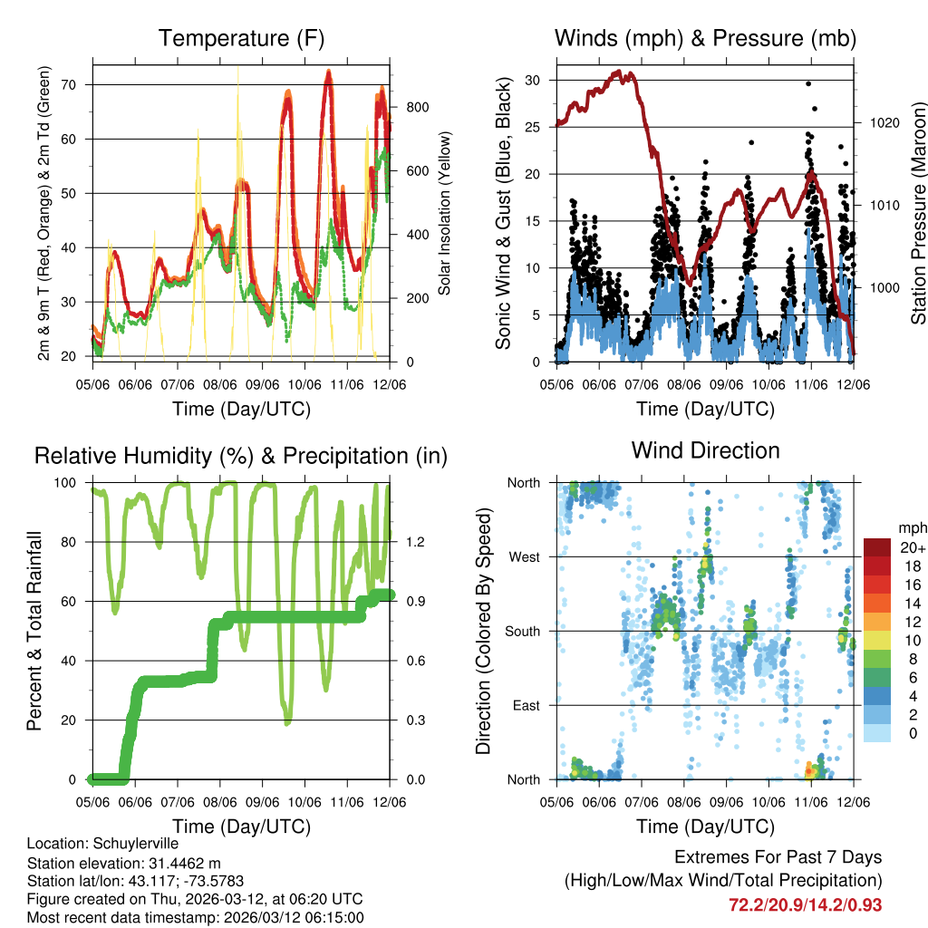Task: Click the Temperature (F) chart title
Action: [241, 39]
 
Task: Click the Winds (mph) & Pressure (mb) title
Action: [705, 39]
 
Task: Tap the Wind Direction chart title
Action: [705, 450]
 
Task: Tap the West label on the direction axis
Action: [524, 557]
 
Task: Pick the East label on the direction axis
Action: [526, 706]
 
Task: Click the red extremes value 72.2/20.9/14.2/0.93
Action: [805, 904]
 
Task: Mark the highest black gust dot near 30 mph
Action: [807, 83]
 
